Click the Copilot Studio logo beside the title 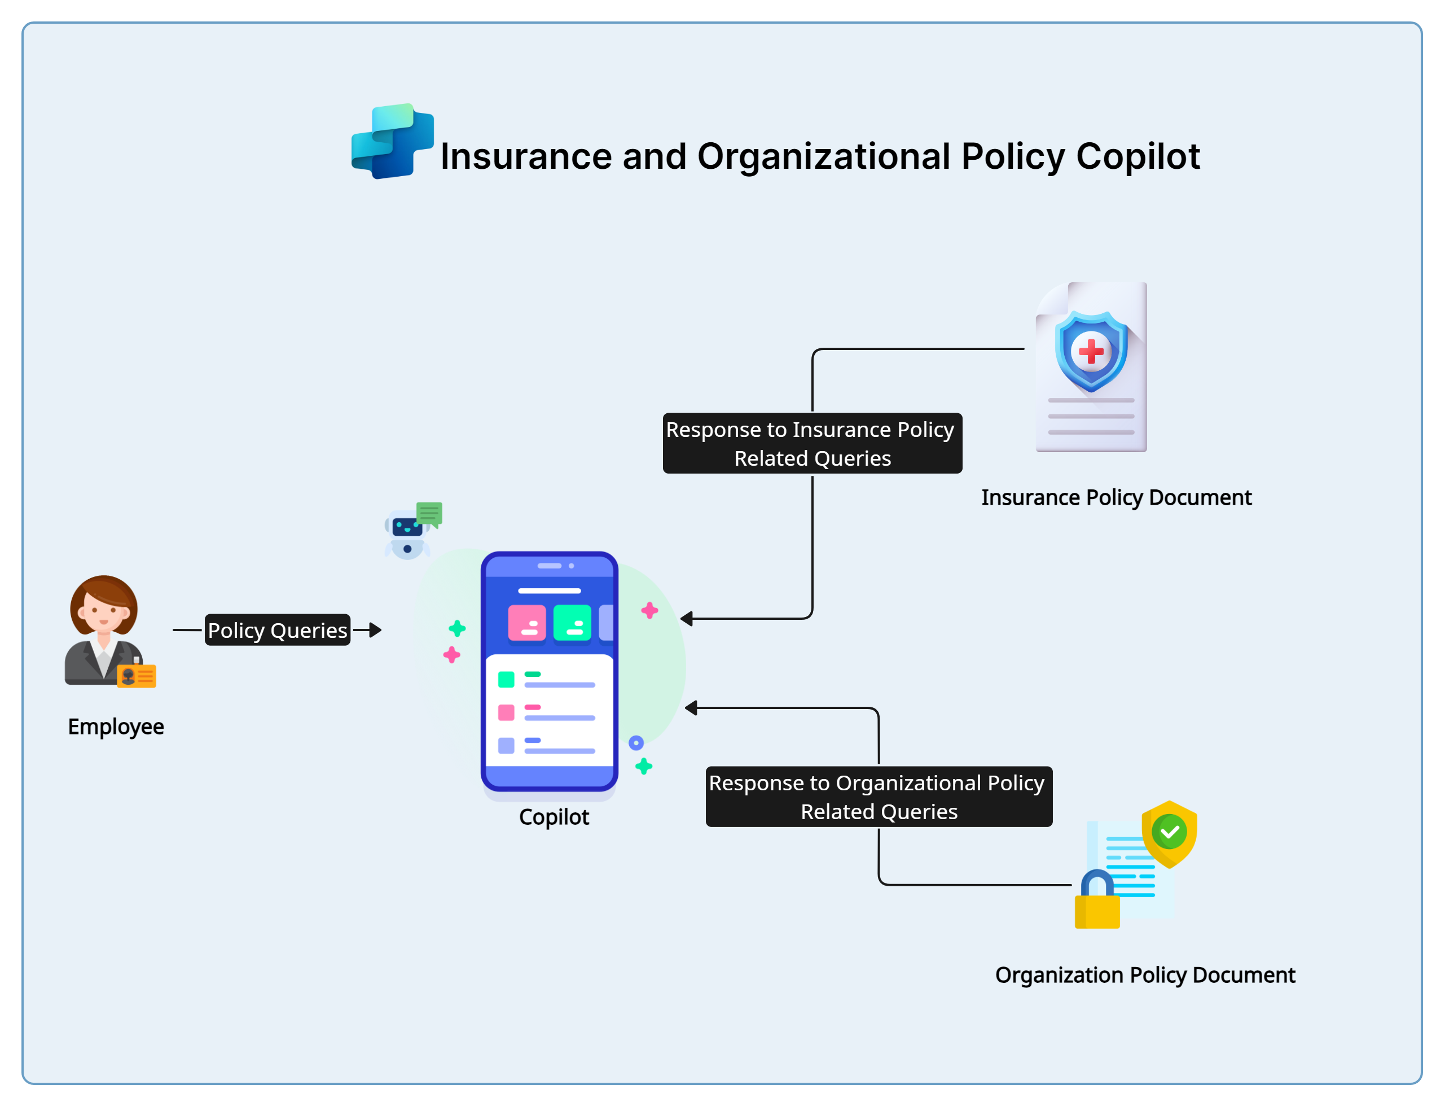(393, 141)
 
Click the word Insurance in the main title (525, 157)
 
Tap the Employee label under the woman (116, 726)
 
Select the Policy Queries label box (277, 630)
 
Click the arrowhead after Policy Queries (375, 630)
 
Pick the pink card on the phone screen (527, 623)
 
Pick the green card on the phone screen (572, 623)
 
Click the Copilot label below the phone (554, 817)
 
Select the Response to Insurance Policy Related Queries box (812, 444)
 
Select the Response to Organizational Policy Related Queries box (879, 797)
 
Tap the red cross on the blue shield (1091, 351)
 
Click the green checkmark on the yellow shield (1170, 832)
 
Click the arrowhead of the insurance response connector (687, 619)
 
